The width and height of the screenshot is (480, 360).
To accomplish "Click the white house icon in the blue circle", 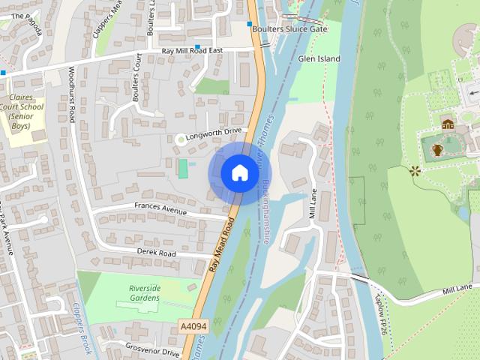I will click(x=239, y=172).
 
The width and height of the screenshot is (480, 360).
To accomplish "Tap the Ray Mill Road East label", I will click(x=193, y=50).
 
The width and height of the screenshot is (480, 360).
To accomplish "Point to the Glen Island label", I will click(x=319, y=58).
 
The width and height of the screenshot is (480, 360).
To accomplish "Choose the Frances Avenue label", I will click(x=160, y=208).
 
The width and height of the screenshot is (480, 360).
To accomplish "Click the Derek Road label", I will click(x=156, y=253).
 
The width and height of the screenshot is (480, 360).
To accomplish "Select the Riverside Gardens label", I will click(x=144, y=292).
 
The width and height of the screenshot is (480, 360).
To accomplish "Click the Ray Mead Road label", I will click(x=223, y=244).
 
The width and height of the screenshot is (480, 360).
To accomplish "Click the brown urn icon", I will click(x=437, y=150).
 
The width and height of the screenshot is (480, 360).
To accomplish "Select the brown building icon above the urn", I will click(x=448, y=124).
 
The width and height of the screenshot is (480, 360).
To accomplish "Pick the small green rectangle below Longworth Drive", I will click(x=183, y=168).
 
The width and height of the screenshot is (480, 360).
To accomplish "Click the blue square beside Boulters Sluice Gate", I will click(x=250, y=24).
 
